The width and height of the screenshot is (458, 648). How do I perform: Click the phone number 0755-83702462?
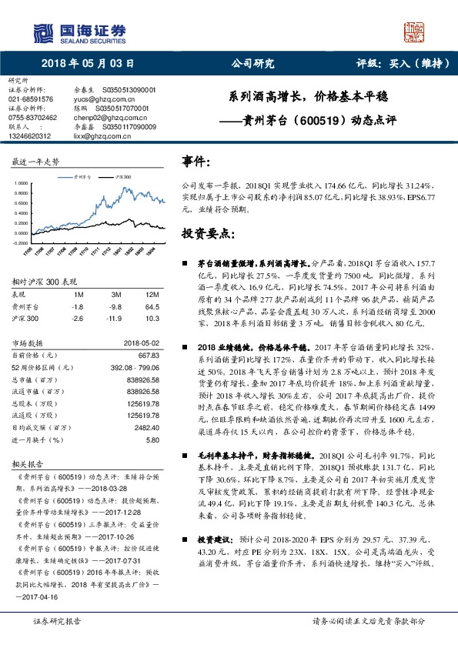[x=32, y=118]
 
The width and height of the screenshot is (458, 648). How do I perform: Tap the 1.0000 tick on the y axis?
[x=20, y=183]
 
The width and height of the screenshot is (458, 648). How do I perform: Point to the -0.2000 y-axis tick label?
[x=19, y=242]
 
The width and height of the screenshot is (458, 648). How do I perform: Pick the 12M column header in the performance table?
[x=152, y=294]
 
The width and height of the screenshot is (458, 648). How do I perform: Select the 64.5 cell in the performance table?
[x=152, y=306]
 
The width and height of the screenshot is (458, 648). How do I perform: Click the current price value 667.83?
[x=148, y=355]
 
